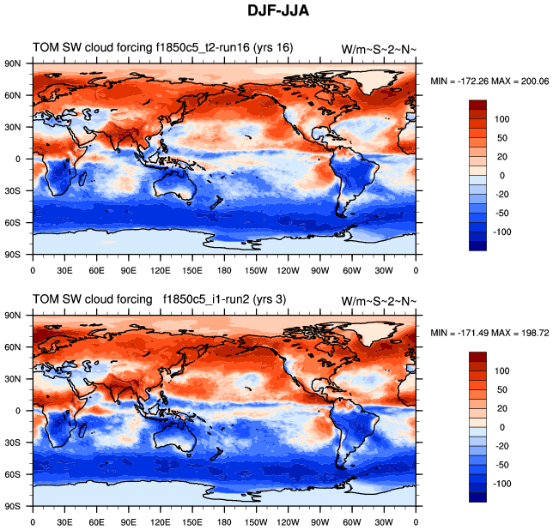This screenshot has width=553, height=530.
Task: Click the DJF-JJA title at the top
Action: click(276, 11)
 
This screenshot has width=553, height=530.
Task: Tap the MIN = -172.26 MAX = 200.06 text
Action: click(488, 81)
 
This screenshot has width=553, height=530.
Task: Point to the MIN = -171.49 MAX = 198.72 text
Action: click(488, 333)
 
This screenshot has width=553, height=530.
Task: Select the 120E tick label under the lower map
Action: click(160, 521)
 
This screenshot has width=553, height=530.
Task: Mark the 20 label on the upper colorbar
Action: click(500, 156)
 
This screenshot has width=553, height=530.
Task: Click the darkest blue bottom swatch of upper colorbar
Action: click(478, 244)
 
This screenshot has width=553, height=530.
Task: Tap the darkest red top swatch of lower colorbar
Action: click(478, 357)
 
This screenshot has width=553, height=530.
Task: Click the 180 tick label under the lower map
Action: click(224, 521)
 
